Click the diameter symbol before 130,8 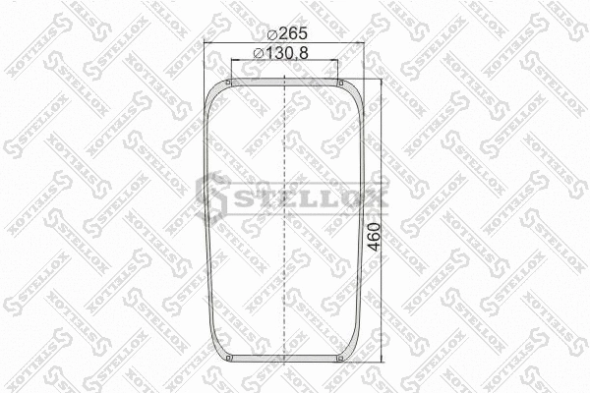[x=258, y=52]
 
